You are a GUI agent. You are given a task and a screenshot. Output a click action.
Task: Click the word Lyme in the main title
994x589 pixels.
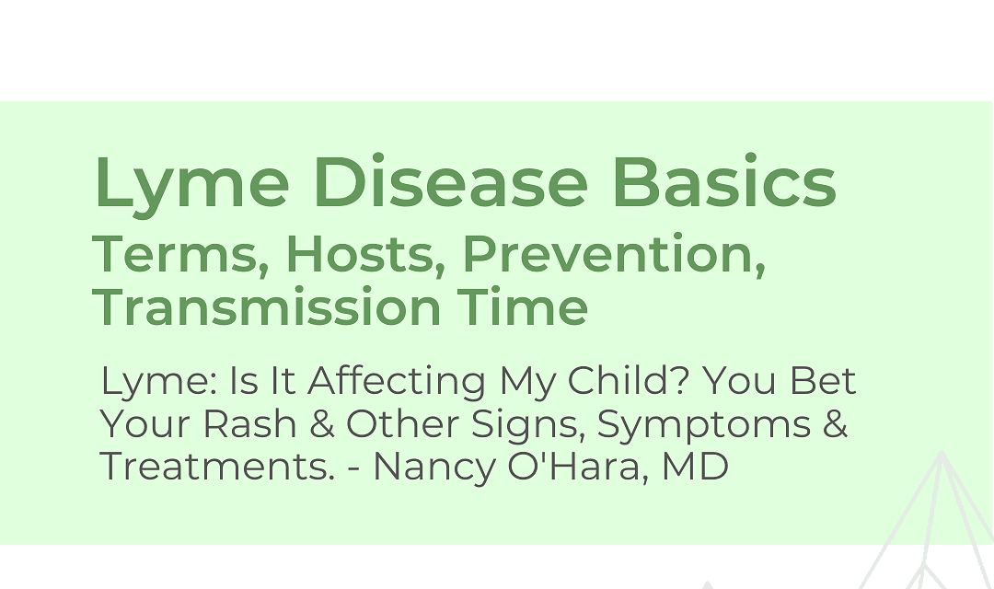tap(192, 184)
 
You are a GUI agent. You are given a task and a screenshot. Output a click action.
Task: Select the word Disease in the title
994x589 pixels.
tap(451, 180)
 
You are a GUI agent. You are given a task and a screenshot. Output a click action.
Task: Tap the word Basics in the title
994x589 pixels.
tap(724, 180)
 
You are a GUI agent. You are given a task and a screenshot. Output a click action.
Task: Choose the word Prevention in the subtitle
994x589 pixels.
tap(614, 254)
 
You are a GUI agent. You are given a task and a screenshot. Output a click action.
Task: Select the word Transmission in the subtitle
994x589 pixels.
tap(266, 306)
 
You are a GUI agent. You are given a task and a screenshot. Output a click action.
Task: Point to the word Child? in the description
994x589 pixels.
tap(628, 380)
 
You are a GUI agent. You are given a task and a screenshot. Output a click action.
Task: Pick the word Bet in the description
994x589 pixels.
tap(822, 380)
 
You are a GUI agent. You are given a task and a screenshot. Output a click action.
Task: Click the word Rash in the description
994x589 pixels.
tap(249, 423)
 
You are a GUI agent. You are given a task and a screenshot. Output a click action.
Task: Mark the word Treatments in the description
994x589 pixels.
tap(217, 467)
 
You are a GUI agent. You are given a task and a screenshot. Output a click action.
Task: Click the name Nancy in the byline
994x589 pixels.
tap(434, 468)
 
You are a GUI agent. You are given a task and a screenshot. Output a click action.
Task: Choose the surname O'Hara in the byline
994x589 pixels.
tap(577, 467)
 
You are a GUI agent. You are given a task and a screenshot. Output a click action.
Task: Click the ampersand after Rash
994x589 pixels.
tap(321, 423)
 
